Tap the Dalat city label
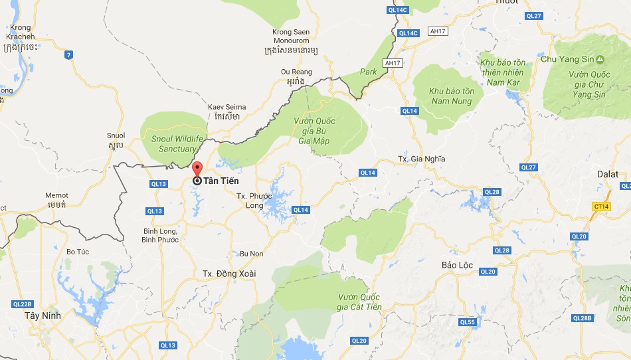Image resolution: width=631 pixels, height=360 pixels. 607,174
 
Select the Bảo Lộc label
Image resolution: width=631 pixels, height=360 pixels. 457,265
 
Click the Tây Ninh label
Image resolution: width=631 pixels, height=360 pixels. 43,315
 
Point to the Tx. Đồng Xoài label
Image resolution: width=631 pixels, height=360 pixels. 229,274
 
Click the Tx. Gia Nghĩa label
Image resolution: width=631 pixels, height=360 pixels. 421,159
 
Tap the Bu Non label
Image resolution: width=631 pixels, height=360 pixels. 252,254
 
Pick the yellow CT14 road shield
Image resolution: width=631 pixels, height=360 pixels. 602,207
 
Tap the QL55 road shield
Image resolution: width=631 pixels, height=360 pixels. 468,322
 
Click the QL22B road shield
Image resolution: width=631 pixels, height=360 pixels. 23,304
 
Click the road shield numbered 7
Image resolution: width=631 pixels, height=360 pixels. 68,54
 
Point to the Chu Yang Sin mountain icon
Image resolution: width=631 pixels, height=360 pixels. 600,59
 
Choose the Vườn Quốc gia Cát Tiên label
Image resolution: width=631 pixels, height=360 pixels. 359,302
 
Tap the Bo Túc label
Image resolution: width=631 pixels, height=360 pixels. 78,251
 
